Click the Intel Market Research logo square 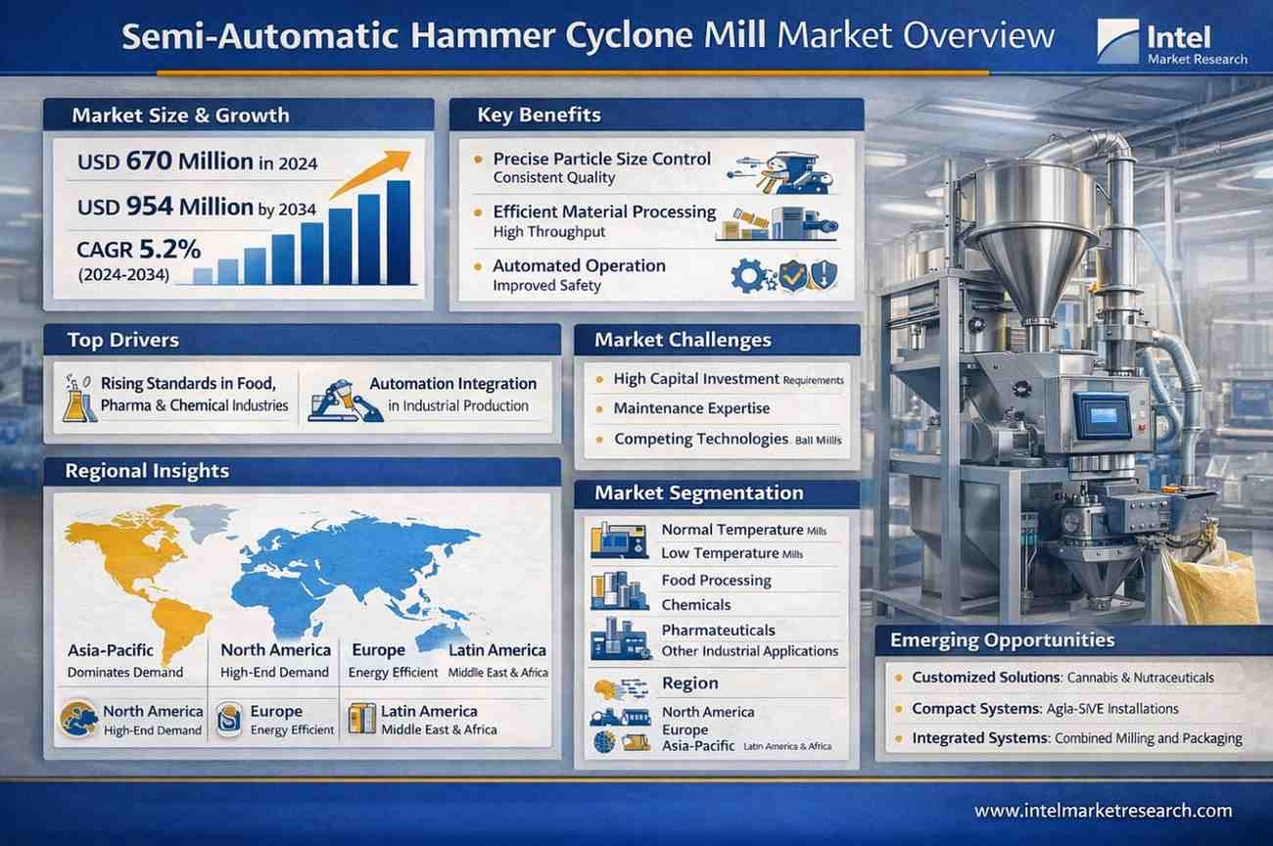point(1118,40)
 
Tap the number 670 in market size point(149,161)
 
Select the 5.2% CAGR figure point(169,249)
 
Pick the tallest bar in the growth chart point(399,232)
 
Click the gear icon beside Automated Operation point(748,277)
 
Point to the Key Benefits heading point(539,115)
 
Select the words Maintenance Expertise point(691,408)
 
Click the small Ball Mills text point(819,440)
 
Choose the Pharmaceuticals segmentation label point(718,631)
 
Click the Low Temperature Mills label point(732,553)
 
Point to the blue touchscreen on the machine point(1102,416)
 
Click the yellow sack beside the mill point(1210,586)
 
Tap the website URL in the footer point(1104,811)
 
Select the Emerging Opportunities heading point(1003,640)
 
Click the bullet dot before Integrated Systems point(899,738)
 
